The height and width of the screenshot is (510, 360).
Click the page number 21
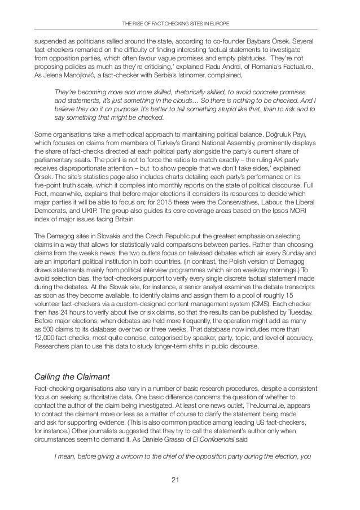[x=179, y=481]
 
